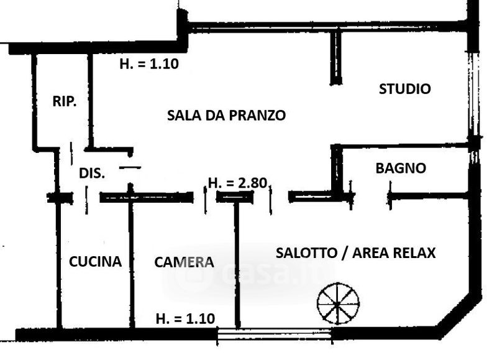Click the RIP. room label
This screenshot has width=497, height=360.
coord(65,102)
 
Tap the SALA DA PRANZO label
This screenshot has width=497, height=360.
coord(226,115)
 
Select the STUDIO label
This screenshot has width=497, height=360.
coord(404,89)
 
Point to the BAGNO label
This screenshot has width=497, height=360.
coord(401,168)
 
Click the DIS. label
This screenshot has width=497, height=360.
coord(92,173)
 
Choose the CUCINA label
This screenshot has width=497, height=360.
coord(95,261)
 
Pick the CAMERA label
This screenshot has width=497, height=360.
coord(184,262)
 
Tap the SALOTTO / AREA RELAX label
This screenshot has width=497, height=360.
coord(355,253)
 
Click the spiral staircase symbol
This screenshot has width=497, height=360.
coord(338,303)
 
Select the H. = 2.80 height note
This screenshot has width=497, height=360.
coord(237,183)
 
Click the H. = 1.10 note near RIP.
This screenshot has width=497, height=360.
coord(149,64)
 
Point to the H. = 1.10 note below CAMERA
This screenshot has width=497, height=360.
coord(185,318)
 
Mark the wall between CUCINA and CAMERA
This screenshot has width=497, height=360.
coord(131,261)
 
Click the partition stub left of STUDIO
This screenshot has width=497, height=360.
coord(336,57)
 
